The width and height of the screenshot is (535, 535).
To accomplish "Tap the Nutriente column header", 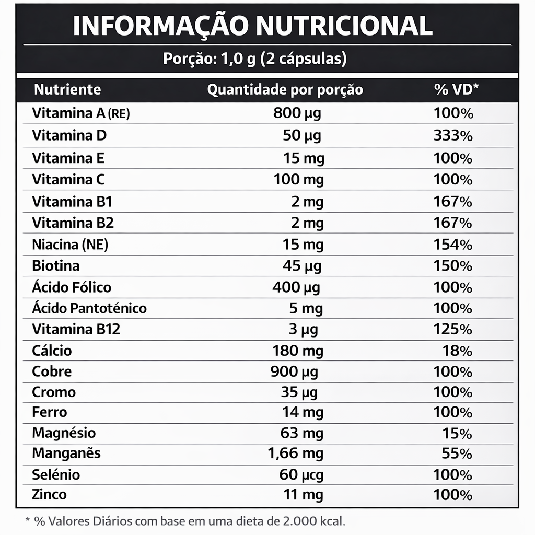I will point(67,89).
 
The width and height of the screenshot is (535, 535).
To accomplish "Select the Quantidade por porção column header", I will point(285,90).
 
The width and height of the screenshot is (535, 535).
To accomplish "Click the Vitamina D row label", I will point(69,135).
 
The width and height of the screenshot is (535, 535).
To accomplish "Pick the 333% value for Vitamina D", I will point(453,136).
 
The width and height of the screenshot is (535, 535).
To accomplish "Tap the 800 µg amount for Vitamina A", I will point(297,113).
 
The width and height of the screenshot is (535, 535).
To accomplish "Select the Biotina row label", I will point(56,265).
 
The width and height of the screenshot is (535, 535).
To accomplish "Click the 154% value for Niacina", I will point(453,245).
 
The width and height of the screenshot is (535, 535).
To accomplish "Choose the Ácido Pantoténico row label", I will point(89,308).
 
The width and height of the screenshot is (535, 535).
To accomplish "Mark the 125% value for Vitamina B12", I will point(453,330).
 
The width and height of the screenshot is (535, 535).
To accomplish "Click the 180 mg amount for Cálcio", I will point(298,351).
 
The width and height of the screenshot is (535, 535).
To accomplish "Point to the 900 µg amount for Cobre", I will point(294,372).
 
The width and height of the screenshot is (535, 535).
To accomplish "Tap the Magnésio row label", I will point(64,433).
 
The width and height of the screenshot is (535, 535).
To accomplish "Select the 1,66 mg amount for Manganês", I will point(296,453).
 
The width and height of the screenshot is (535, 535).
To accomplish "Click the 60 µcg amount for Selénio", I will point(301,475).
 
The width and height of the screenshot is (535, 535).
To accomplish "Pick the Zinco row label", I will point(49,494).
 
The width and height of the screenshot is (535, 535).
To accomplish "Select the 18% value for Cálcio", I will point(457,351).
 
